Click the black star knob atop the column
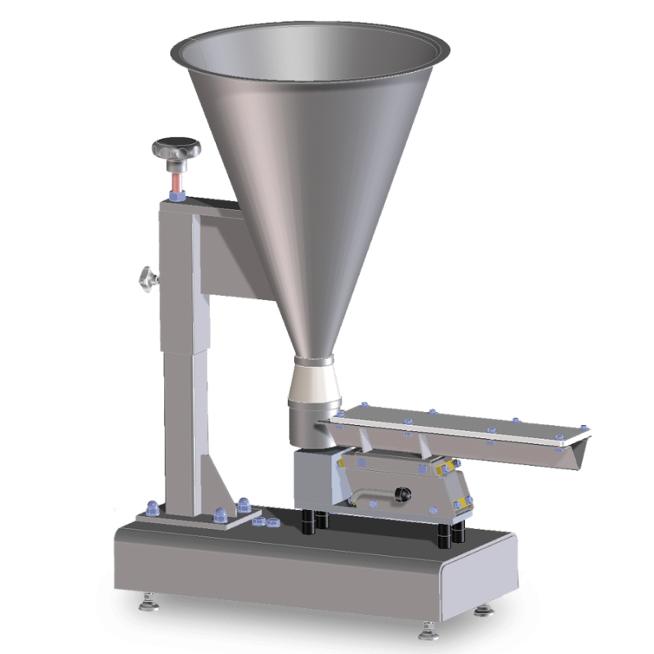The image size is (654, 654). point(176,149)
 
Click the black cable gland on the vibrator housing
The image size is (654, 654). point(401,495)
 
